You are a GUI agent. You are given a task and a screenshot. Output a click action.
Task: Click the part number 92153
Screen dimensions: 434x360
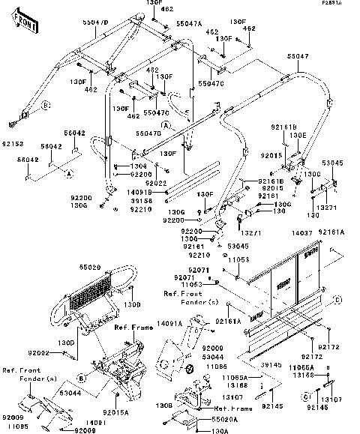pos(13,141)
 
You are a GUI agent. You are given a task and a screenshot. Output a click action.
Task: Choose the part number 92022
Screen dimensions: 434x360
pos(155,182)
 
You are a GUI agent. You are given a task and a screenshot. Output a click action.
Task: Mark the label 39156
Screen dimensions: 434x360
pos(140,201)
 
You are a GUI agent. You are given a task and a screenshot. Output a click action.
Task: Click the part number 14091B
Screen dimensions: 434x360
pos(140,193)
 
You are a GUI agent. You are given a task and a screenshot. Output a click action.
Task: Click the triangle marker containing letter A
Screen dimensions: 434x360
pos(70,174)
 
